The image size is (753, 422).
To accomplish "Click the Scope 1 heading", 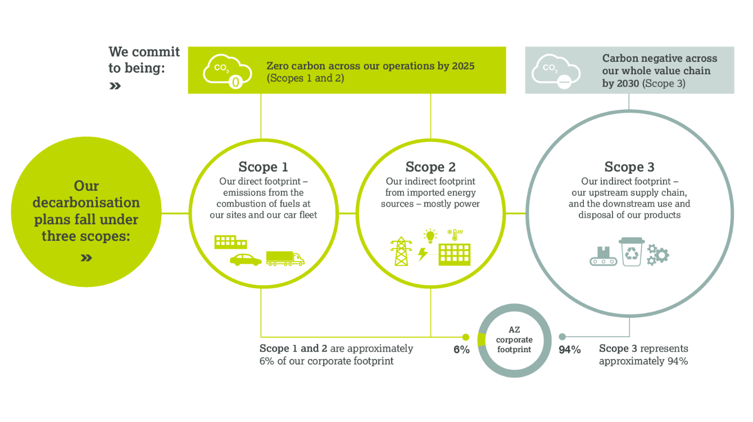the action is tap(263, 167).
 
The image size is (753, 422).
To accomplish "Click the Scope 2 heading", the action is tap(430, 167).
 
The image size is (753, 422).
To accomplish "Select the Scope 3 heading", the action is tap(629, 167).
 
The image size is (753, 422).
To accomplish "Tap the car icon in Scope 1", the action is tap(246, 260).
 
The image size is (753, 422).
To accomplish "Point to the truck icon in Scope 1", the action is tap(285, 258).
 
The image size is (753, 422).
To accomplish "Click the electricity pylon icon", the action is tap(401, 251).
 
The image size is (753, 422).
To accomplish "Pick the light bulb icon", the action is tap(430, 236).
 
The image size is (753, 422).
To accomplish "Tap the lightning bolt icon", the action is tap(423, 254).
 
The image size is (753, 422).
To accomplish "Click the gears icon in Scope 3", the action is tap(658, 255).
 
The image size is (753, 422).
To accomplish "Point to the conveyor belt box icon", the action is tap(604, 257).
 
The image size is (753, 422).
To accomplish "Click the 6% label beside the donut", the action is tap(461, 349).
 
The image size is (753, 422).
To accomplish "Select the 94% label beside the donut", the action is tap(570, 349).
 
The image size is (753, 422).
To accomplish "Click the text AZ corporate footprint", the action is tap(514, 339).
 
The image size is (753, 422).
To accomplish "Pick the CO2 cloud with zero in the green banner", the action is tap(227, 71).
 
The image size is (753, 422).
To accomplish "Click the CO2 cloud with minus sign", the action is tap(556, 71).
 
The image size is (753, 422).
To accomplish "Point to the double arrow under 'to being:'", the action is tap(115, 86).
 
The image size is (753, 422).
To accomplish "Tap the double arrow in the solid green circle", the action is tap(87, 258).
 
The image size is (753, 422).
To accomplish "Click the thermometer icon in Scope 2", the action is tap(455, 235).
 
